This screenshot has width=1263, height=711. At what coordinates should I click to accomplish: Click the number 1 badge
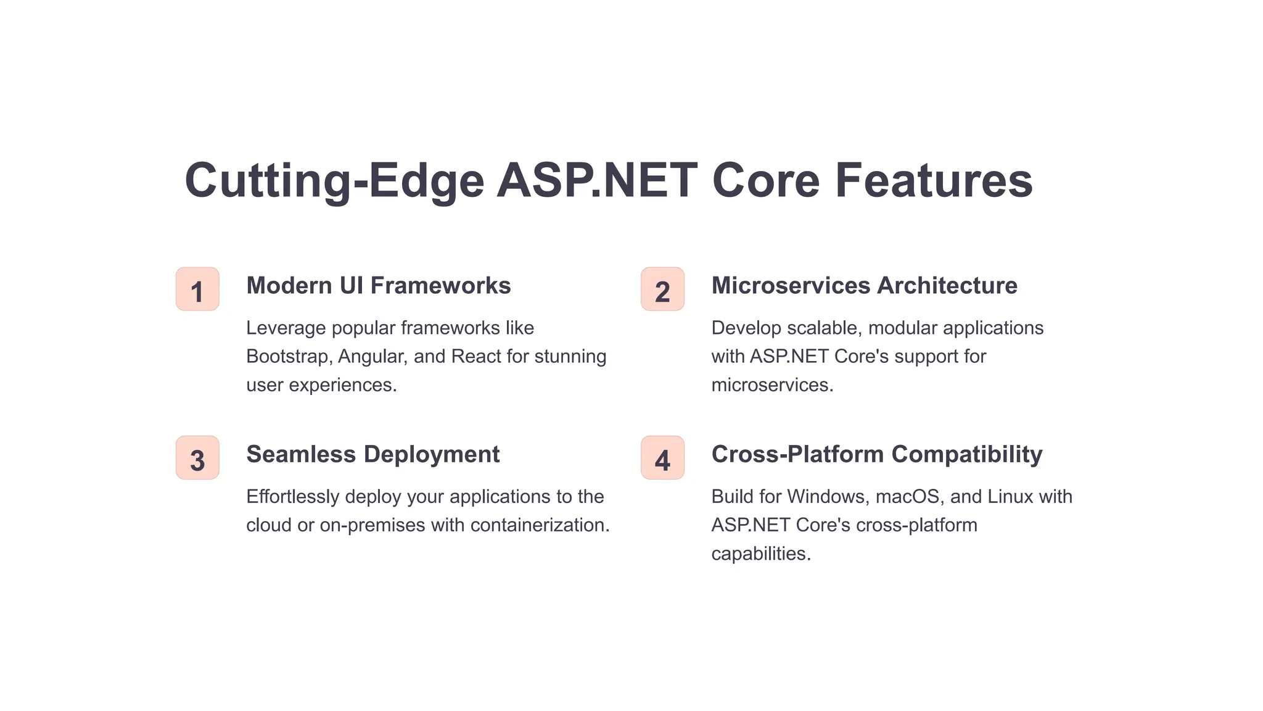point(197,289)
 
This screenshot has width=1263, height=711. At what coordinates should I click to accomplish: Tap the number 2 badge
point(662,289)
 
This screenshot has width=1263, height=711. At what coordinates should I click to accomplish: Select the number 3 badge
point(197,457)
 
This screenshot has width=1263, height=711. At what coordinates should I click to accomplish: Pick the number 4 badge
point(662,457)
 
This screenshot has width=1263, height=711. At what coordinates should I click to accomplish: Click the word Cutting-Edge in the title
point(334,180)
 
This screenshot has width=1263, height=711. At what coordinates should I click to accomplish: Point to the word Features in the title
point(934,180)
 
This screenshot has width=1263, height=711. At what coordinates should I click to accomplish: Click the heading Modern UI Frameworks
point(378,286)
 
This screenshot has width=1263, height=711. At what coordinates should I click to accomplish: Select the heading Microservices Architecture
point(864,286)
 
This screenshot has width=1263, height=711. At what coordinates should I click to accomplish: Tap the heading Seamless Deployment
point(372,454)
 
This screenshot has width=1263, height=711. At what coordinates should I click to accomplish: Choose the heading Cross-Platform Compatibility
point(876,454)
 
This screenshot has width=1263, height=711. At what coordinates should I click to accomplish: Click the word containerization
point(540,525)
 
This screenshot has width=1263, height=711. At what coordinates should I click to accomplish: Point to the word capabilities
point(760,554)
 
